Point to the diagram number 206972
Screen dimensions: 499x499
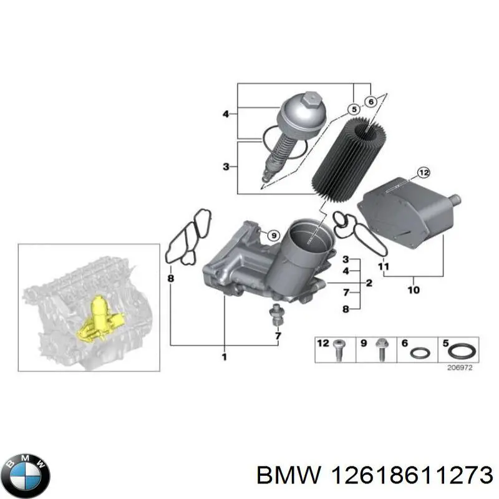[x=460, y=367]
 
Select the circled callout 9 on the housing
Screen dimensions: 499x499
[x=272, y=235]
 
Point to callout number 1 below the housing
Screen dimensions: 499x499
[x=224, y=357]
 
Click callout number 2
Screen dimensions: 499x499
[x=369, y=283]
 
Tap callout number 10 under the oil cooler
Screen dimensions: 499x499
[x=414, y=289]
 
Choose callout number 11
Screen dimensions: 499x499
[x=384, y=267]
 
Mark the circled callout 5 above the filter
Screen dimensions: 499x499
[x=354, y=110]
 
